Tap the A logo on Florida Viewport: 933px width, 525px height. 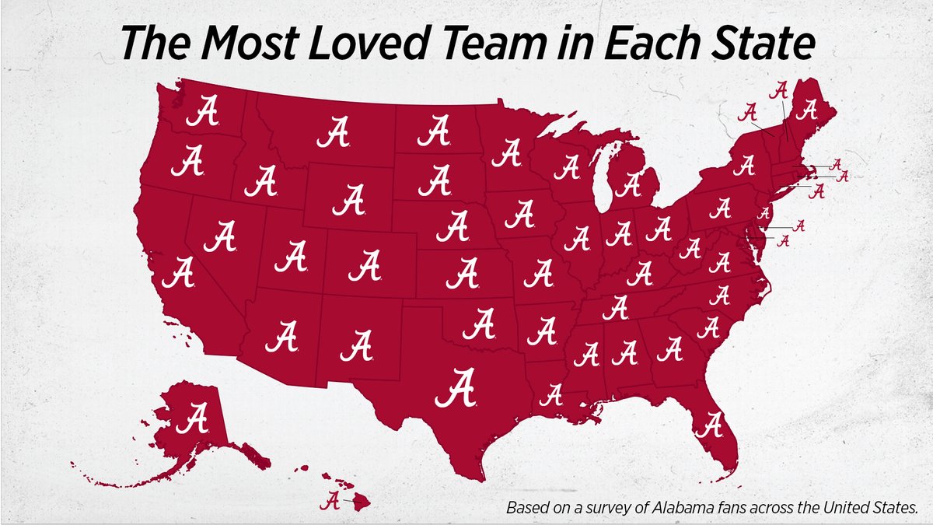click(711, 425)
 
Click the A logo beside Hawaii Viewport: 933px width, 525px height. click(332, 499)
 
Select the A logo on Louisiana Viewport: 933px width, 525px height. click(551, 394)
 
